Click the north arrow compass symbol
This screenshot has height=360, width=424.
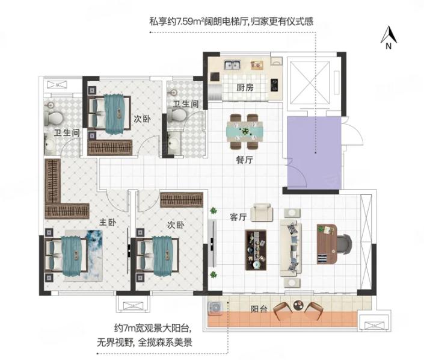click(389, 37)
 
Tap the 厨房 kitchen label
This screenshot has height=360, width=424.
click(245, 87)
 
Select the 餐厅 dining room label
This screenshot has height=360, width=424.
click(244, 160)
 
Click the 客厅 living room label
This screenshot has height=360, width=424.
click(238, 217)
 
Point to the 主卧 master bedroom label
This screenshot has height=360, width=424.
click(108, 222)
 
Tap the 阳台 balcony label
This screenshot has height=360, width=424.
click(259, 309)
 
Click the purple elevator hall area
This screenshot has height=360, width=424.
click(314, 153)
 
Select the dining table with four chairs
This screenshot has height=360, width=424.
click(245, 131)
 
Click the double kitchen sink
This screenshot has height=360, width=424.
click(232, 65)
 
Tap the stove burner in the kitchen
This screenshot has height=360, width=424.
click(274, 85)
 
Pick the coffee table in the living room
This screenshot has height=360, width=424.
click(256, 250)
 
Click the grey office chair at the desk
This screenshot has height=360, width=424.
click(343, 244)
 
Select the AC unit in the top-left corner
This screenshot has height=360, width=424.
click(57, 85)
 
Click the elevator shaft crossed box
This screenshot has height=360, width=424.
click(310, 82)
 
